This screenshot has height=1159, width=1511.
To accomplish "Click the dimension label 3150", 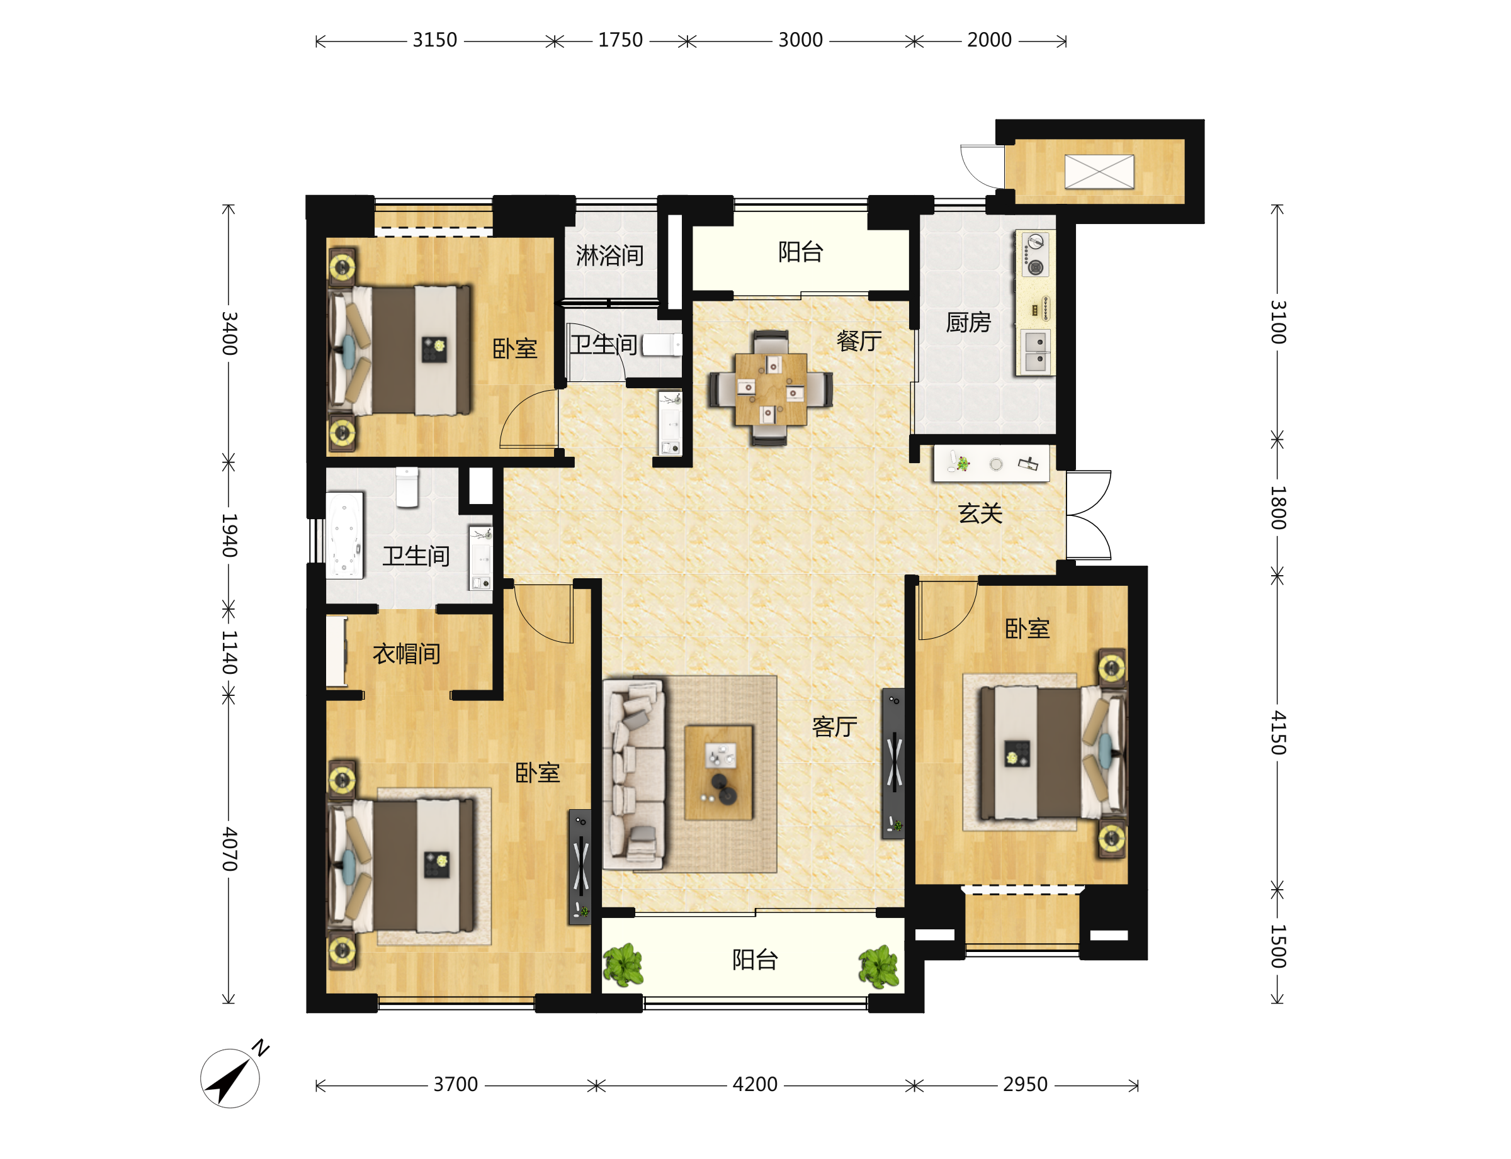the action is point(435,40).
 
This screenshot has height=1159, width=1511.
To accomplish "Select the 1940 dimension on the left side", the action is point(229,535).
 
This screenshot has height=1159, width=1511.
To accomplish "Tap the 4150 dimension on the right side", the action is point(1277,732).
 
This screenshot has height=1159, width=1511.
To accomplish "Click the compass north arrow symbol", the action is point(230,1078).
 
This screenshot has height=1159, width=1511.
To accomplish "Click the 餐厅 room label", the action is point(859,340).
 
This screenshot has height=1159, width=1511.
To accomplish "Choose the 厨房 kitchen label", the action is point(968,322).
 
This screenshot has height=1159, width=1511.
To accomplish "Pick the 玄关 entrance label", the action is point(980,513).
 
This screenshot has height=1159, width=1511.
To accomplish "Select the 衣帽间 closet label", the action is point(406,653).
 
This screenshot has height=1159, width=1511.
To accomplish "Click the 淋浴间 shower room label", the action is point(609,255).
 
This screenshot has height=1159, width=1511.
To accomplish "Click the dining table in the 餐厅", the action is point(771,389).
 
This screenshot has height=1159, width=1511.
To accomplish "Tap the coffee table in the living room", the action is point(718,772).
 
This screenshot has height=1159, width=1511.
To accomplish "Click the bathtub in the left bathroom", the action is point(344,535).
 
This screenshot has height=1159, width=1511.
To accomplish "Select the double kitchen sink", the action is point(1034,351).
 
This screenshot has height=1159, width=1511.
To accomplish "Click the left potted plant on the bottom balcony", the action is point(623,965).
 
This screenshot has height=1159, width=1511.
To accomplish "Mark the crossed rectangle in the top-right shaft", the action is point(1099,171).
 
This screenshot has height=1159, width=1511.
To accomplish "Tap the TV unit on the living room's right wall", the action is point(893,764).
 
